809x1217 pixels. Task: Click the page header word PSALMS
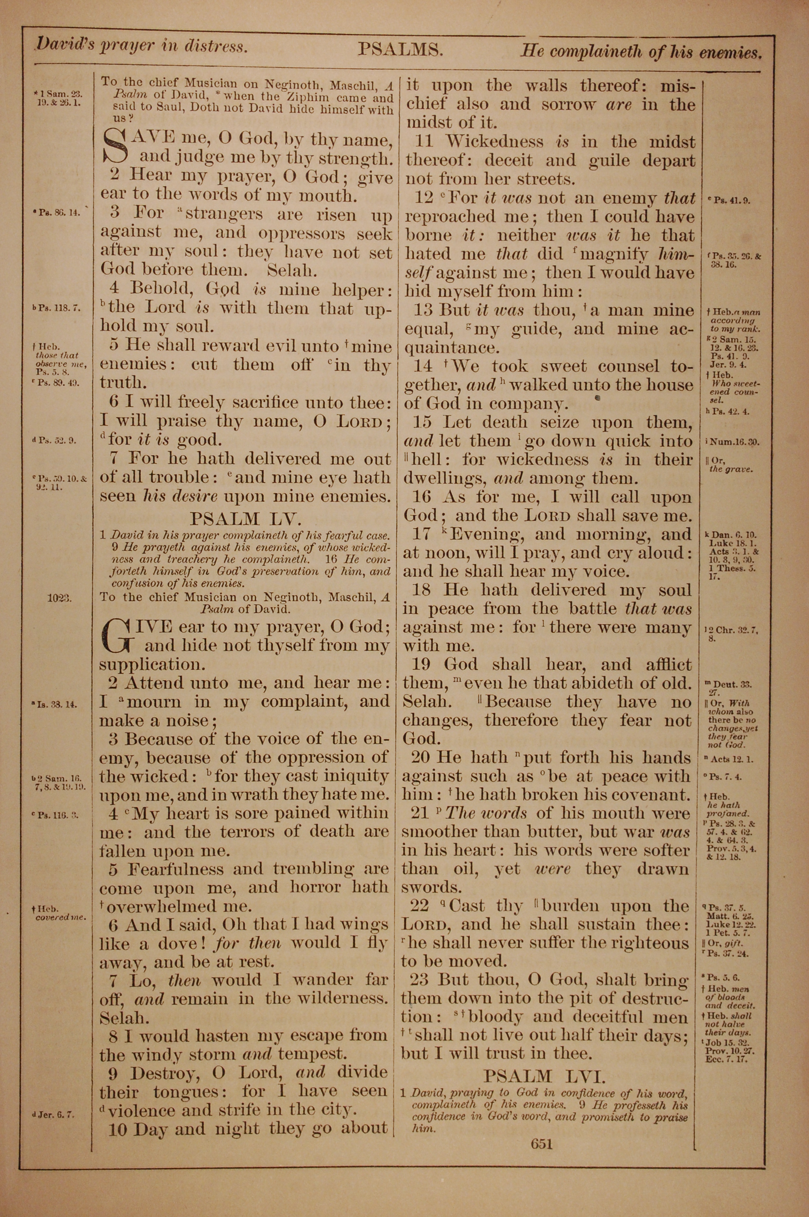pos(400,49)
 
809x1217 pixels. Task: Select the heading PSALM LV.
pos(241,518)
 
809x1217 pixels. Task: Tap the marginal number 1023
pos(59,598)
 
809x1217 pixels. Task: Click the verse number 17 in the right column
pos(421,534)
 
